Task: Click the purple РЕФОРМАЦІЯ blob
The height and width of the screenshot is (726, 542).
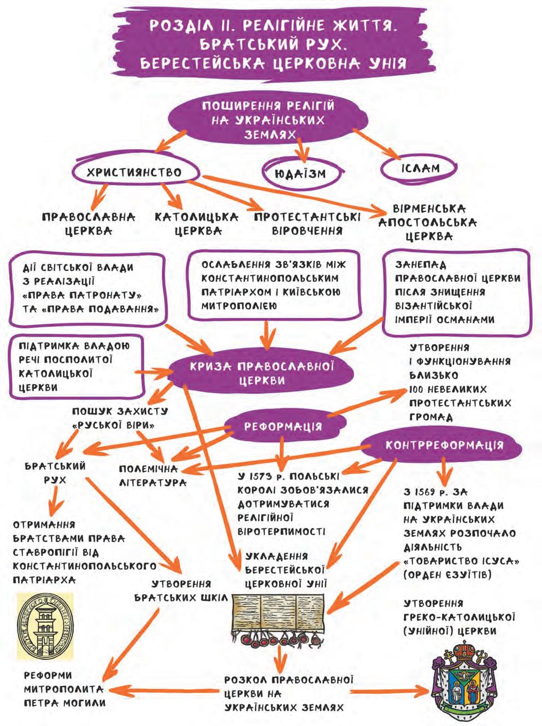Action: click(x=283, y=426)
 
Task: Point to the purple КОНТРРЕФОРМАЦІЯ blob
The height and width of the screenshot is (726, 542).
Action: click(x=443, y=445)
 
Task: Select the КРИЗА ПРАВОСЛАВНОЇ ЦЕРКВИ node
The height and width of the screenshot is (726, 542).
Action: click(x=261, y=373)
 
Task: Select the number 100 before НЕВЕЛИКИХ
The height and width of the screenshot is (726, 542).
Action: click(x=417, y=389)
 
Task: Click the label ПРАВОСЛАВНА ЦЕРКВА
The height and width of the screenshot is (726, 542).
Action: click(x=89, y=224)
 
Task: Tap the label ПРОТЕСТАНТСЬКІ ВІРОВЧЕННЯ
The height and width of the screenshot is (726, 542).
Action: click(x=307, y=224)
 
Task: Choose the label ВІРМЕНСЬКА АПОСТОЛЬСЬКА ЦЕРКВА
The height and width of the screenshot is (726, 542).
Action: click(x=428, y=222)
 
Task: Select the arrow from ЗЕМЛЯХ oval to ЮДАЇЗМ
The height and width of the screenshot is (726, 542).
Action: click(x=302, y=148)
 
